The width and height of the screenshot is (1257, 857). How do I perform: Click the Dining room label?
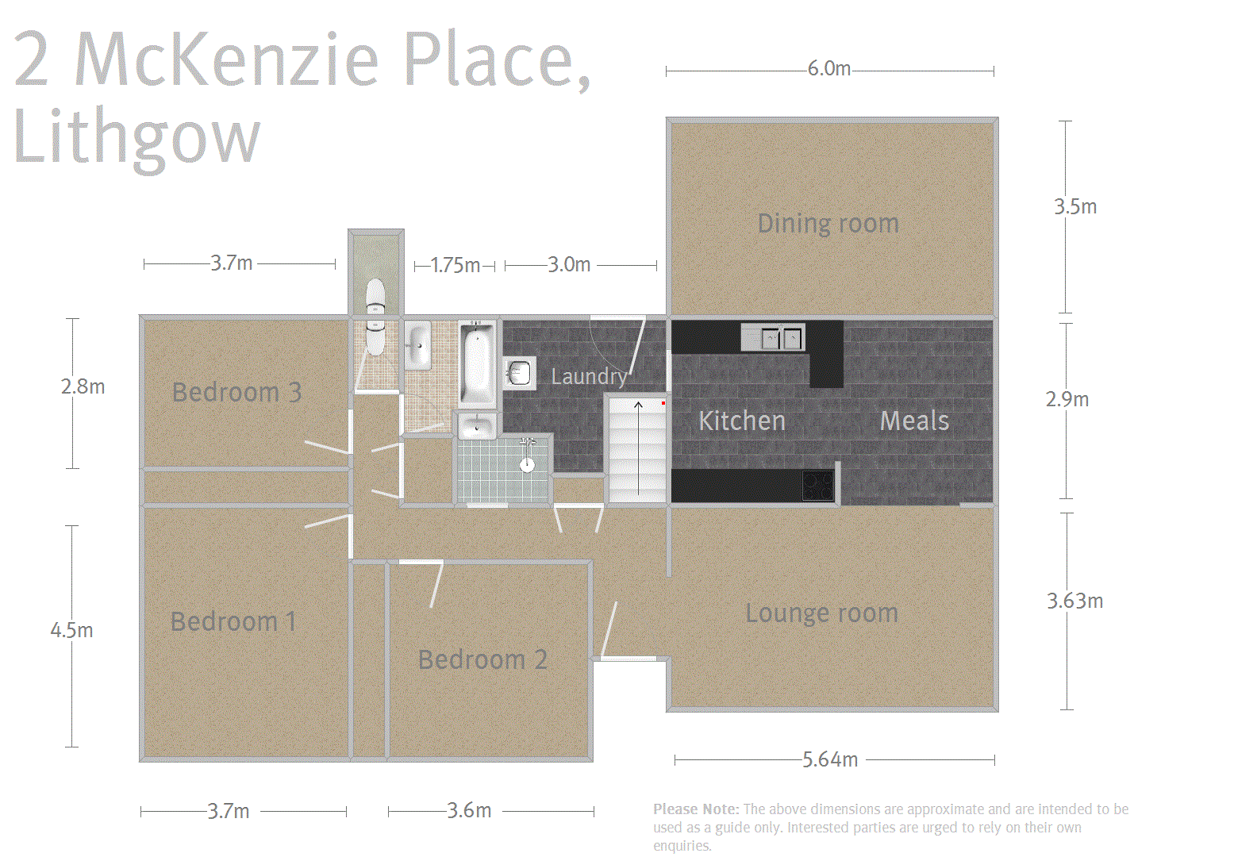click(x=828, y=224)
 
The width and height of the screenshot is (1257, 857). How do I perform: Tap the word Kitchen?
click(x=741, y=421)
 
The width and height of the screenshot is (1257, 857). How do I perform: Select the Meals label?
click(x=914, y=421)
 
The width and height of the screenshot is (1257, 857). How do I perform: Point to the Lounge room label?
click(x=821, y=613)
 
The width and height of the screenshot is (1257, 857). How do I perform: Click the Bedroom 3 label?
click(x=236, y=392)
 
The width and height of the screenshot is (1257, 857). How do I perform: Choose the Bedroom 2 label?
click(x=482, y=659)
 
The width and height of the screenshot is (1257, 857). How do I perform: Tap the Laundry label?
click(x=588, y=376)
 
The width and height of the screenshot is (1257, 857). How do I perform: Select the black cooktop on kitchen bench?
click(x=817, y=485)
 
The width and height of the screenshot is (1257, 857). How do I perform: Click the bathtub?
click(x=477, y=364)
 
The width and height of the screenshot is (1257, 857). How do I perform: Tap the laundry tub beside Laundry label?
click(x=519, y=373)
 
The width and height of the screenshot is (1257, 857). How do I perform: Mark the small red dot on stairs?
click(x=663, y=403)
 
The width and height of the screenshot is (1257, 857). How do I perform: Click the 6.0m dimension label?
click(x=829, y=69)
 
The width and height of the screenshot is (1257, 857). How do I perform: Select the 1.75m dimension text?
click(x=455, y=265)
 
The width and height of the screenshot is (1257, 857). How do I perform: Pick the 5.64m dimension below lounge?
click(x=830, y=759)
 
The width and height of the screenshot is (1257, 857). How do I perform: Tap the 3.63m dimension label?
click(x=1074, y=601)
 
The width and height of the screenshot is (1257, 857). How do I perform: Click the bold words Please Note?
click(x=695, y=809)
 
